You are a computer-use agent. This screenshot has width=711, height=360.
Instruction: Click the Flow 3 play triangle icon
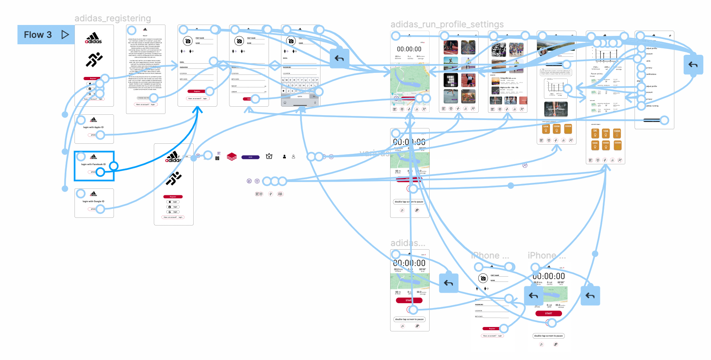point(65,35)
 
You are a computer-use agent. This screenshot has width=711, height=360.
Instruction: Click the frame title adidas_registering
point(113,18)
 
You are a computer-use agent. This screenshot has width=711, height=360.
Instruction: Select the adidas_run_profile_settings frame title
point(447,25)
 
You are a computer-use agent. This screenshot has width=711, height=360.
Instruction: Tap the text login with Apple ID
point(93,127)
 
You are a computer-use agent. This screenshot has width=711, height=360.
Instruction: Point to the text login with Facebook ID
point(93,164)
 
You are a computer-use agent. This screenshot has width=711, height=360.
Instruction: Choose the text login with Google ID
point(93,201)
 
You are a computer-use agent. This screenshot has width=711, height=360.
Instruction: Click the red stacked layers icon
point(231,157)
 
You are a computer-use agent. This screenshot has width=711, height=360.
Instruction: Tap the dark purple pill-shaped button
point(250,157)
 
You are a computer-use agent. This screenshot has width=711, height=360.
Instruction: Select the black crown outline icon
point(269,156)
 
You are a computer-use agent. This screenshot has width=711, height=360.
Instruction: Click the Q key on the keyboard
point(283,80)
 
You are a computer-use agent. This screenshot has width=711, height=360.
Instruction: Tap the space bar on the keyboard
point(300,96)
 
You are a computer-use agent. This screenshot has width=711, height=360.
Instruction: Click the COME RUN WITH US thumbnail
point(451,80)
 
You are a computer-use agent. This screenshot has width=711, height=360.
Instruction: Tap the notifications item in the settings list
point(651,74)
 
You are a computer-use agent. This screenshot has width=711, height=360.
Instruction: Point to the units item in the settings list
point(648,61)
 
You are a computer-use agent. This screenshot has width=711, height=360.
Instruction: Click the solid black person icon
point(284,157)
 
